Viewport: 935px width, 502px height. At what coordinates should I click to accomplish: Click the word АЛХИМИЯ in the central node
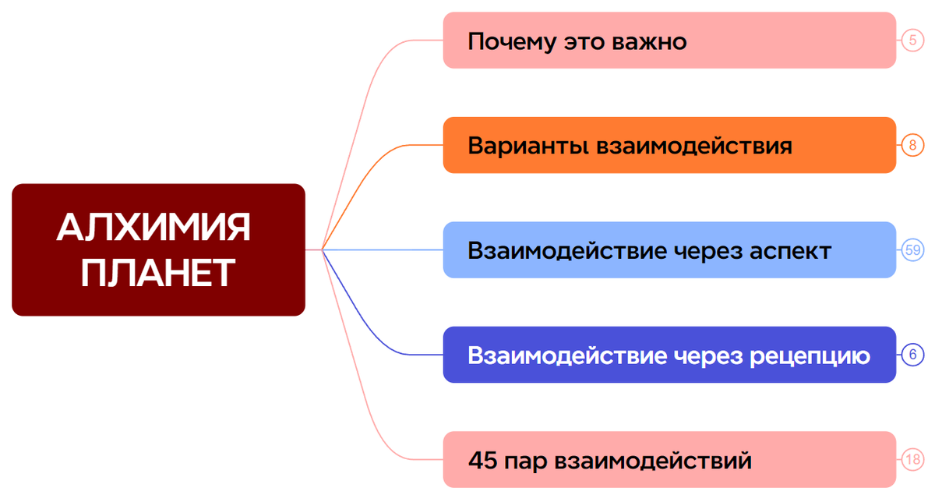click(x=153, y=227)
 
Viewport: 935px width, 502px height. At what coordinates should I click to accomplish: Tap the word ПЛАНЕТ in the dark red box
click(x=157, y=273)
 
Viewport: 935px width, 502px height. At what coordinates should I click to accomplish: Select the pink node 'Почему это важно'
click(x=669, y=40)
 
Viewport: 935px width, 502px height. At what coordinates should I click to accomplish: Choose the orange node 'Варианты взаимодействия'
click(x=669, y=145)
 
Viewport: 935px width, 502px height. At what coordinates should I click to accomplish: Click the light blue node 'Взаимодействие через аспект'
click(x=669, y=249)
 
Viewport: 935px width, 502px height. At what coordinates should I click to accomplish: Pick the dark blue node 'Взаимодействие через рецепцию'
click(x=669, y=355)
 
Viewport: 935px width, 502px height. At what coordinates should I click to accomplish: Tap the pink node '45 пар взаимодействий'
click(x=669, y=459)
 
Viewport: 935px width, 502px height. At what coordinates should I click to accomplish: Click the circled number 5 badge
click(x=912, y=40)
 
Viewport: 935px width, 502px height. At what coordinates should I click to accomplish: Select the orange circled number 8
click(x=912, y=145)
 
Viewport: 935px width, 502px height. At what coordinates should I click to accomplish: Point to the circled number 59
click(x=912, y=249)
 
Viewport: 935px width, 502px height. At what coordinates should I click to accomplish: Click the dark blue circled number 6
click(x=912, y=355)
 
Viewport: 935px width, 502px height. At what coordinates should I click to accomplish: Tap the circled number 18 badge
click(x=912, y=459)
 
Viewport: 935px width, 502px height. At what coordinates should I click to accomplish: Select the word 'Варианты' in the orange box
click(x=528, y=147)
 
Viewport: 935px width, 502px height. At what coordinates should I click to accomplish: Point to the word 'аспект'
click(x=790, y=252)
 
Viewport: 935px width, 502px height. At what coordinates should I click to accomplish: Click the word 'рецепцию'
click(x=810, y=357)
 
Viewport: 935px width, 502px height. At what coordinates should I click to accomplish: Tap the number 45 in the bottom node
click(x=482, y=460)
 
